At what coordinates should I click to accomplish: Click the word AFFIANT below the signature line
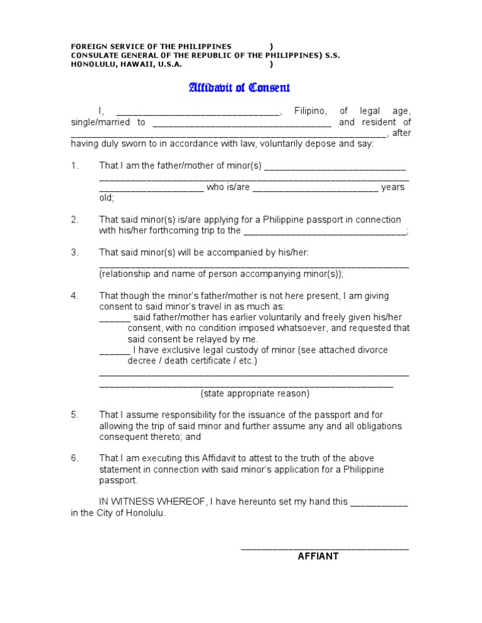click(318, 556)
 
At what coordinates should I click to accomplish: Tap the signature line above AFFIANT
click(324, 547)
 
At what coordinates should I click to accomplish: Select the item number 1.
click(74, 166)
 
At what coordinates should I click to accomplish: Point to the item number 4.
click(74, 295)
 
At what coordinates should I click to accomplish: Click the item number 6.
click(74, 458)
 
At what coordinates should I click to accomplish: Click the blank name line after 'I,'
click(198, 113)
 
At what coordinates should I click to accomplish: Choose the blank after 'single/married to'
click(242, 124)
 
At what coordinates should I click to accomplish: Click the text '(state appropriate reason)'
click(255, 394)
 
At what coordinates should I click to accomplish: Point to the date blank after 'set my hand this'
click(378, 503)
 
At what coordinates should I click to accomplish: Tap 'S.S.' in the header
click(333, 55)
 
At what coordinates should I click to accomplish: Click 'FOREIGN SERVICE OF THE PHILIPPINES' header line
click(151, 46)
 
